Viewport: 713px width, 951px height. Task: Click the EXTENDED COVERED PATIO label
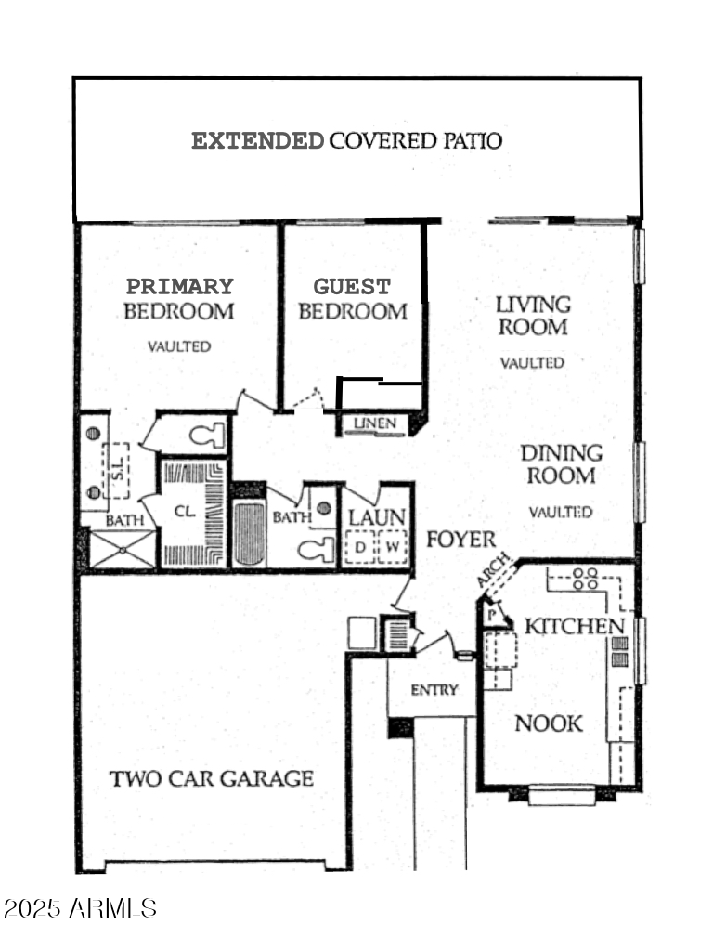[x=346, y=141]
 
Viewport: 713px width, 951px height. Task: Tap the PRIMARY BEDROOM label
[x=179, y=299]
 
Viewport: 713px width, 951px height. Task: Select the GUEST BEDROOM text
[x=352, y=299]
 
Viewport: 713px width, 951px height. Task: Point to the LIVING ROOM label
[x=532, y=316]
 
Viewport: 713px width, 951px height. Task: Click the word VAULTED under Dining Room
[x=561, y=512]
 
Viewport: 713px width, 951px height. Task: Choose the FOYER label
[x=460, y=540]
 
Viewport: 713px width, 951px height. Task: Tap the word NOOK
[x=549, y=723]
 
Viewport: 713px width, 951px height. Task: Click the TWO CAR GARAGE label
[x=212, y=778]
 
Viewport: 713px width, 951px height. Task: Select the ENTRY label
[x=434, y=689]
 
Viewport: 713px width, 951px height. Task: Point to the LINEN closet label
[x=374, y=424]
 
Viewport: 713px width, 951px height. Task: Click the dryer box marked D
[x=359, y=548]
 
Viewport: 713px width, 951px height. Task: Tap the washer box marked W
[x=393, y=548]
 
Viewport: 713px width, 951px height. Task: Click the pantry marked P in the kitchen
[x=490, y=614]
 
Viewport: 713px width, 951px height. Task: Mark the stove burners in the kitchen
[x=585, y=579]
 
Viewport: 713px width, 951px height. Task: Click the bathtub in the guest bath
[x=249, y=534]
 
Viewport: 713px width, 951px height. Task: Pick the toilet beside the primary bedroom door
[x=205, y=434]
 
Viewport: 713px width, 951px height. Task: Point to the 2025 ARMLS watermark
[x=80, y=907]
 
